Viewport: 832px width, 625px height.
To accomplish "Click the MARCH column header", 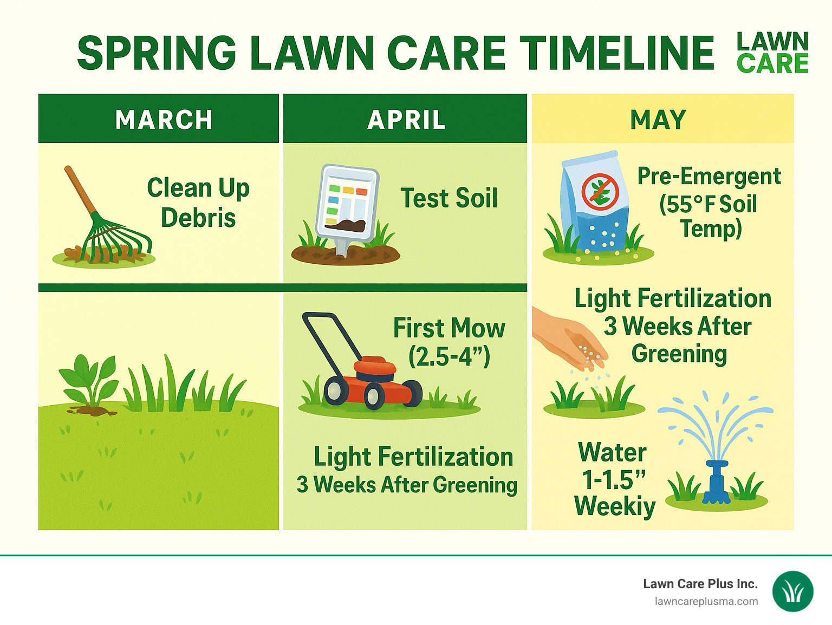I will (x=164, y=120).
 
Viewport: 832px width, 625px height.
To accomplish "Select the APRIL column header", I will (x=406, y=120).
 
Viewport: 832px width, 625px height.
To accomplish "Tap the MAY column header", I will (x=658, y=120).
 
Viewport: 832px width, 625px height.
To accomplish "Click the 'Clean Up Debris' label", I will (x=198, y=203).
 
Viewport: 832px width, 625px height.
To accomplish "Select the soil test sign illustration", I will (x=347, y=206).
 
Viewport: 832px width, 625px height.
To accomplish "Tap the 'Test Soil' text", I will (x=448, y=198).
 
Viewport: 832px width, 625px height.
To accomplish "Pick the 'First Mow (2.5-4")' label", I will (x=449, y=342).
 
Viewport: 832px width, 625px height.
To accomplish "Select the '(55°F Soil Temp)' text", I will (x=708, y=216).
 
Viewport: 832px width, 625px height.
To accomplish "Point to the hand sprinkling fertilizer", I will (x=569, y=336).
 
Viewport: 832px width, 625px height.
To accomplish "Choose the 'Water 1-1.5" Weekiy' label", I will (x=614, y=479).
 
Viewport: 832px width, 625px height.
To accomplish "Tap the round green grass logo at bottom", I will (x=792, y=591).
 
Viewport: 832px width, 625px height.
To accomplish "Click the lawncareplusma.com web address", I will (x=706, y=602).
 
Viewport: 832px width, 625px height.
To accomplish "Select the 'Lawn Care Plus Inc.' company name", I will (x=700, y=584).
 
